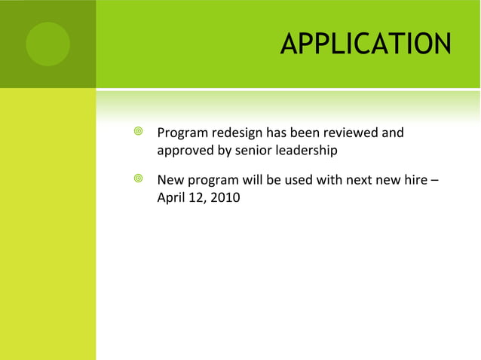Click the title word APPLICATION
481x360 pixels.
pyautogui.click(x=366, y=44)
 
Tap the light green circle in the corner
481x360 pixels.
pyautogui.click(x=47, y=44)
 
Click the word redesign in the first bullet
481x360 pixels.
pyautogui.click(x=236, y=133)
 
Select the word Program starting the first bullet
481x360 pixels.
pyautogui.click(x=182, y=133)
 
